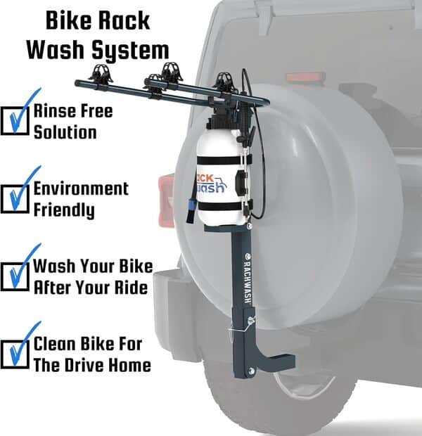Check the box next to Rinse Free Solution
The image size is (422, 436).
coord(15,119)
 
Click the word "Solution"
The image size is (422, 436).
coord(65,132)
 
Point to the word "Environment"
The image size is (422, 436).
coord(81,188)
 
